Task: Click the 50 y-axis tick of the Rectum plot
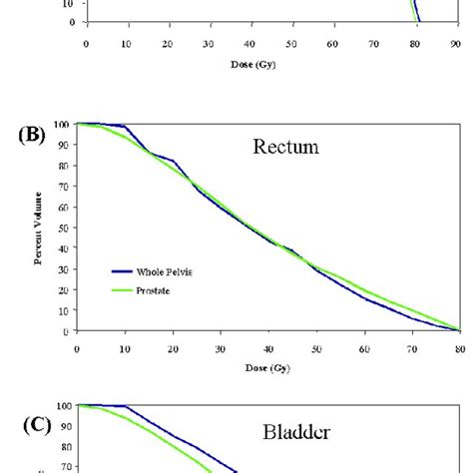[x=65, y=228]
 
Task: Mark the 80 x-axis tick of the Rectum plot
[x=459, y=350]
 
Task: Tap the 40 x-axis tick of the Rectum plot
[x=267, y=350]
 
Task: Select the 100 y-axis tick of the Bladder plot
[x=62, y=406]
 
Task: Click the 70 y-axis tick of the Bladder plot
[x=65, y=465]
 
